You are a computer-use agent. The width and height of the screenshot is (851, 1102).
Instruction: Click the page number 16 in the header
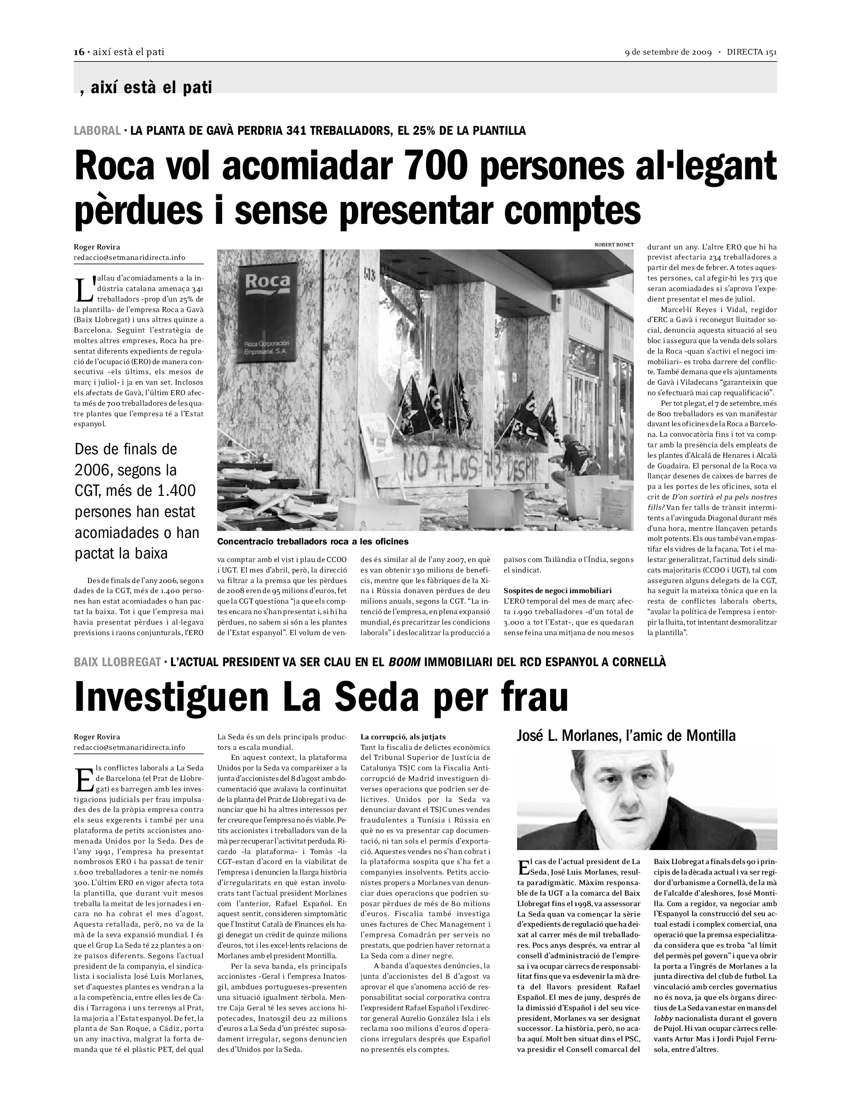[x=79, y=52]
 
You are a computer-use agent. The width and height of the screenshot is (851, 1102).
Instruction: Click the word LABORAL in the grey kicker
[x=97, y=131]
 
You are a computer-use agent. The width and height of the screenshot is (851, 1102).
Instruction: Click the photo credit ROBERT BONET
[x=614, y=245]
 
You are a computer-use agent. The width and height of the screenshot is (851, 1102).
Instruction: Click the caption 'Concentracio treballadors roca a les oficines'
[x=312, y=541]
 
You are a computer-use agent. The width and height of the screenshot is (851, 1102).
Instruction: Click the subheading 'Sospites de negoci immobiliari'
[x=558, y=591]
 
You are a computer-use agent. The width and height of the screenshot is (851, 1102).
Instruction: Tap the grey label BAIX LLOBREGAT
[x=118, y=662]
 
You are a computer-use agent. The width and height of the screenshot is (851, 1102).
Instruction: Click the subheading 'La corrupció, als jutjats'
[x=403, y=737]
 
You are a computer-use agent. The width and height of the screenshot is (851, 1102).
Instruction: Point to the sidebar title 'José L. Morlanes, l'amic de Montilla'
[x=626, y=736]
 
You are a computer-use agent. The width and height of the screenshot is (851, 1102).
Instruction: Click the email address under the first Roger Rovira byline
[x=129, y=257]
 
